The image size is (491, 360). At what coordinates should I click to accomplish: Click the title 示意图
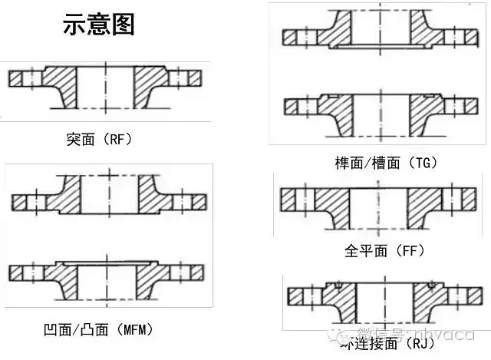(x=99, y=25)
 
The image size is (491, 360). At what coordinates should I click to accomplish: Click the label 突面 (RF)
(x=100, y=140)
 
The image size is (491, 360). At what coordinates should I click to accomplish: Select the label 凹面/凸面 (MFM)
(x=99, y=330)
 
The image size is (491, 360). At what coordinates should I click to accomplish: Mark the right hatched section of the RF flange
(x=151, y=83)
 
